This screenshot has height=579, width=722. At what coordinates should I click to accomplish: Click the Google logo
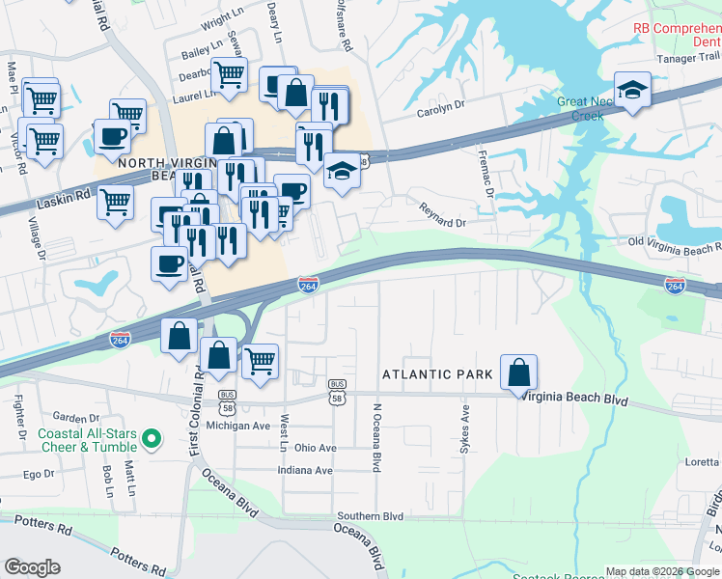coord(33,566)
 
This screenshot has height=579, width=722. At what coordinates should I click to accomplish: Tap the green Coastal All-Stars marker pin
coord(151,440)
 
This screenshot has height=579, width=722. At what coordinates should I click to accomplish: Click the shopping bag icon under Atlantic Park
coord(518,371)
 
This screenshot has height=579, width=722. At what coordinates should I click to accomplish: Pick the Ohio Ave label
coord(316,448)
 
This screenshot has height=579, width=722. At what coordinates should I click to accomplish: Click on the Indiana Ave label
coord(304,471)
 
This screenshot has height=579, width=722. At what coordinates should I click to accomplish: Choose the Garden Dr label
coord(76,418)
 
